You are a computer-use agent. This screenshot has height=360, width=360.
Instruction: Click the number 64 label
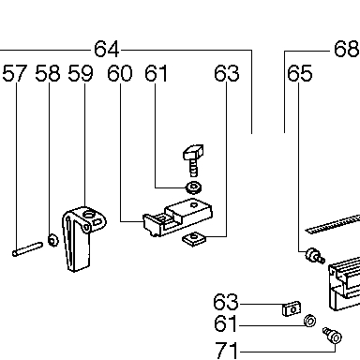tap(107, 49)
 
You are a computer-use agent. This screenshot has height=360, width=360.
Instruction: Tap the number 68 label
tap(347, 49)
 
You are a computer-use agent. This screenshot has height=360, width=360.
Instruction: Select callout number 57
tap(15, 73)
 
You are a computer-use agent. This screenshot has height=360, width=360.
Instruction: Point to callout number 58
tap(48, 73)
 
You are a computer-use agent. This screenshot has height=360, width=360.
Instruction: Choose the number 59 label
tap(81, 73)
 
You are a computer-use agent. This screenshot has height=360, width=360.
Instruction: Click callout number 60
tap(120, 73)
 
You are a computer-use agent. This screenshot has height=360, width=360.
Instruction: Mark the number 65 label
tap(300, 73)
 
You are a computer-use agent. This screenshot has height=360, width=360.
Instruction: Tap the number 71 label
tap(227, 350)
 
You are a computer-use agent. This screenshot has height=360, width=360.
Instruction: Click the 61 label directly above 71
tap(226, 323)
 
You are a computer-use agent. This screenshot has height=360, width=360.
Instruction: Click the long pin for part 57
tap(27, 249)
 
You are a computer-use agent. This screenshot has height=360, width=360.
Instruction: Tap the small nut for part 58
tap(53, 240)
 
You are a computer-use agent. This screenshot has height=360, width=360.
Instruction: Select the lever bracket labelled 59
tap(82, 238)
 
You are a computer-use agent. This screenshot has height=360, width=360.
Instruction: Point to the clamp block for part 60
tap(178, 217)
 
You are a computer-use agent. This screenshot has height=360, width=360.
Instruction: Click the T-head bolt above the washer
tap(193, 159)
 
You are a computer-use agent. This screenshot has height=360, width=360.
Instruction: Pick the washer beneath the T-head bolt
tap(194, 187)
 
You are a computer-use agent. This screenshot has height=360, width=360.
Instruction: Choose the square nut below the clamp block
tap(194, 238)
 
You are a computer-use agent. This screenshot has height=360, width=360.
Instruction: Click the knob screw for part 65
tap(315, 255)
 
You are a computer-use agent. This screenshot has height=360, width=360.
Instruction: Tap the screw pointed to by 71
tap(332, 335)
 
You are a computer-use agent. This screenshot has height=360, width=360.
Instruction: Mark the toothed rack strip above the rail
tap(333, 224)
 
